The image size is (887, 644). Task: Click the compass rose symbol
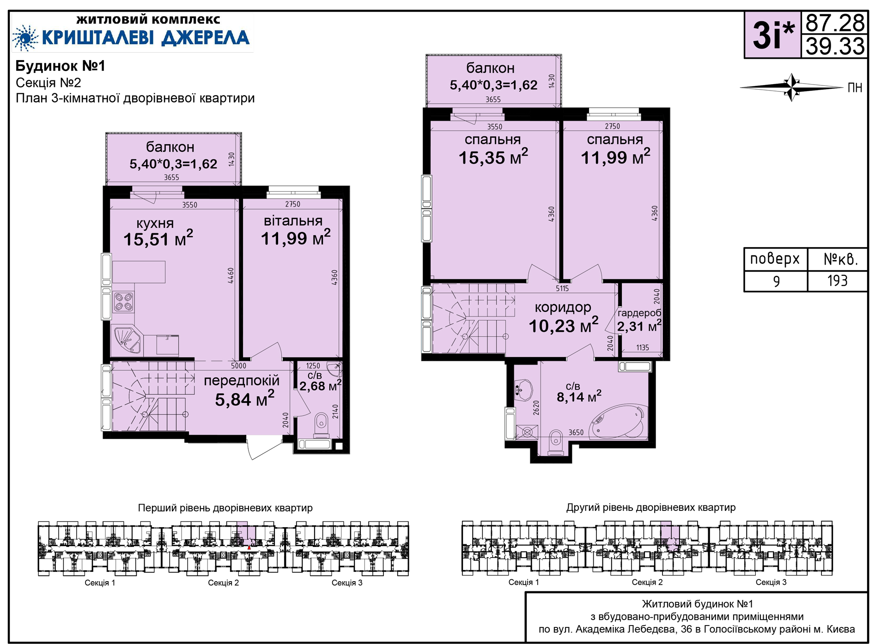coord(792,87)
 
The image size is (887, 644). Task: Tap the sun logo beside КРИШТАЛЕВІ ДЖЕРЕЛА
coord(25,37)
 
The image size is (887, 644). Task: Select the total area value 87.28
coord(835,23)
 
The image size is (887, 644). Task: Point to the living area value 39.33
coord(835,46)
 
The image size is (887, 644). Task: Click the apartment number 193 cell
coord(837,281)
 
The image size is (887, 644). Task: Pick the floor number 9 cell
coord(776,281)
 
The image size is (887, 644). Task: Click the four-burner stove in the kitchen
coord(124,302)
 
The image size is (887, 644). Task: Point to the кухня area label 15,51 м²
coord(158,238)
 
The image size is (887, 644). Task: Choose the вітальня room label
coord(293,221)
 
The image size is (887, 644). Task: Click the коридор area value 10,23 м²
coord(563,325)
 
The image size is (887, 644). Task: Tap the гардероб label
coord(639,313)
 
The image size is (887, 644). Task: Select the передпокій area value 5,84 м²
coord(245,399)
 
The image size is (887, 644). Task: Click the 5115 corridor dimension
coord(562,288)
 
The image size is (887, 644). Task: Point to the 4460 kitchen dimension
coord(231,275)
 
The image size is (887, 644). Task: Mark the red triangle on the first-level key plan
coord(249,547)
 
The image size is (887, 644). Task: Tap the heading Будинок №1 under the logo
coord(61,66)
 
